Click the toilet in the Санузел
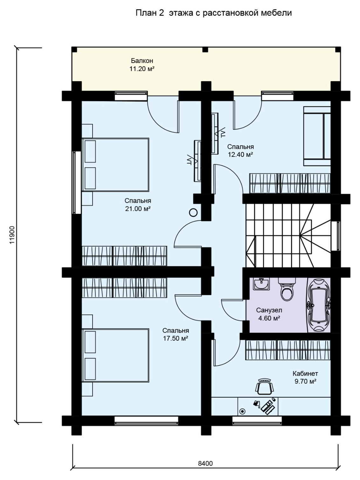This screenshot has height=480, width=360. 287,289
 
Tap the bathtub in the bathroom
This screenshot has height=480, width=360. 319,305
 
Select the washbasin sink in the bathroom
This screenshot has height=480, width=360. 261,284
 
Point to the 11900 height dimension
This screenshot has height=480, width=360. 12,235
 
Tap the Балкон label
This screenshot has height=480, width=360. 142,60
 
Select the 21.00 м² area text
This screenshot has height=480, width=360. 138,209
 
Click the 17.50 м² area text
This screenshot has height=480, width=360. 176,338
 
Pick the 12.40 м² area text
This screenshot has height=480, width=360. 240,155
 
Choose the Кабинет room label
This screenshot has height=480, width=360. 305,373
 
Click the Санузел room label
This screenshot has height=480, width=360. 269,310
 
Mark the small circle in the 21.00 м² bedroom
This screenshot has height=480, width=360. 193,212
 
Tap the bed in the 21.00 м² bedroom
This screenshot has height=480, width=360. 115,164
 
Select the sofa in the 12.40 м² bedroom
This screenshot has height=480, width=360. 317,136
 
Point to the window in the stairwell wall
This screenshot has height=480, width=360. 336,236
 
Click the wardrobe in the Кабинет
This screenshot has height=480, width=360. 288,350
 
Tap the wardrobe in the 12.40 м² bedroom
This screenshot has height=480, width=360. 290,183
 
